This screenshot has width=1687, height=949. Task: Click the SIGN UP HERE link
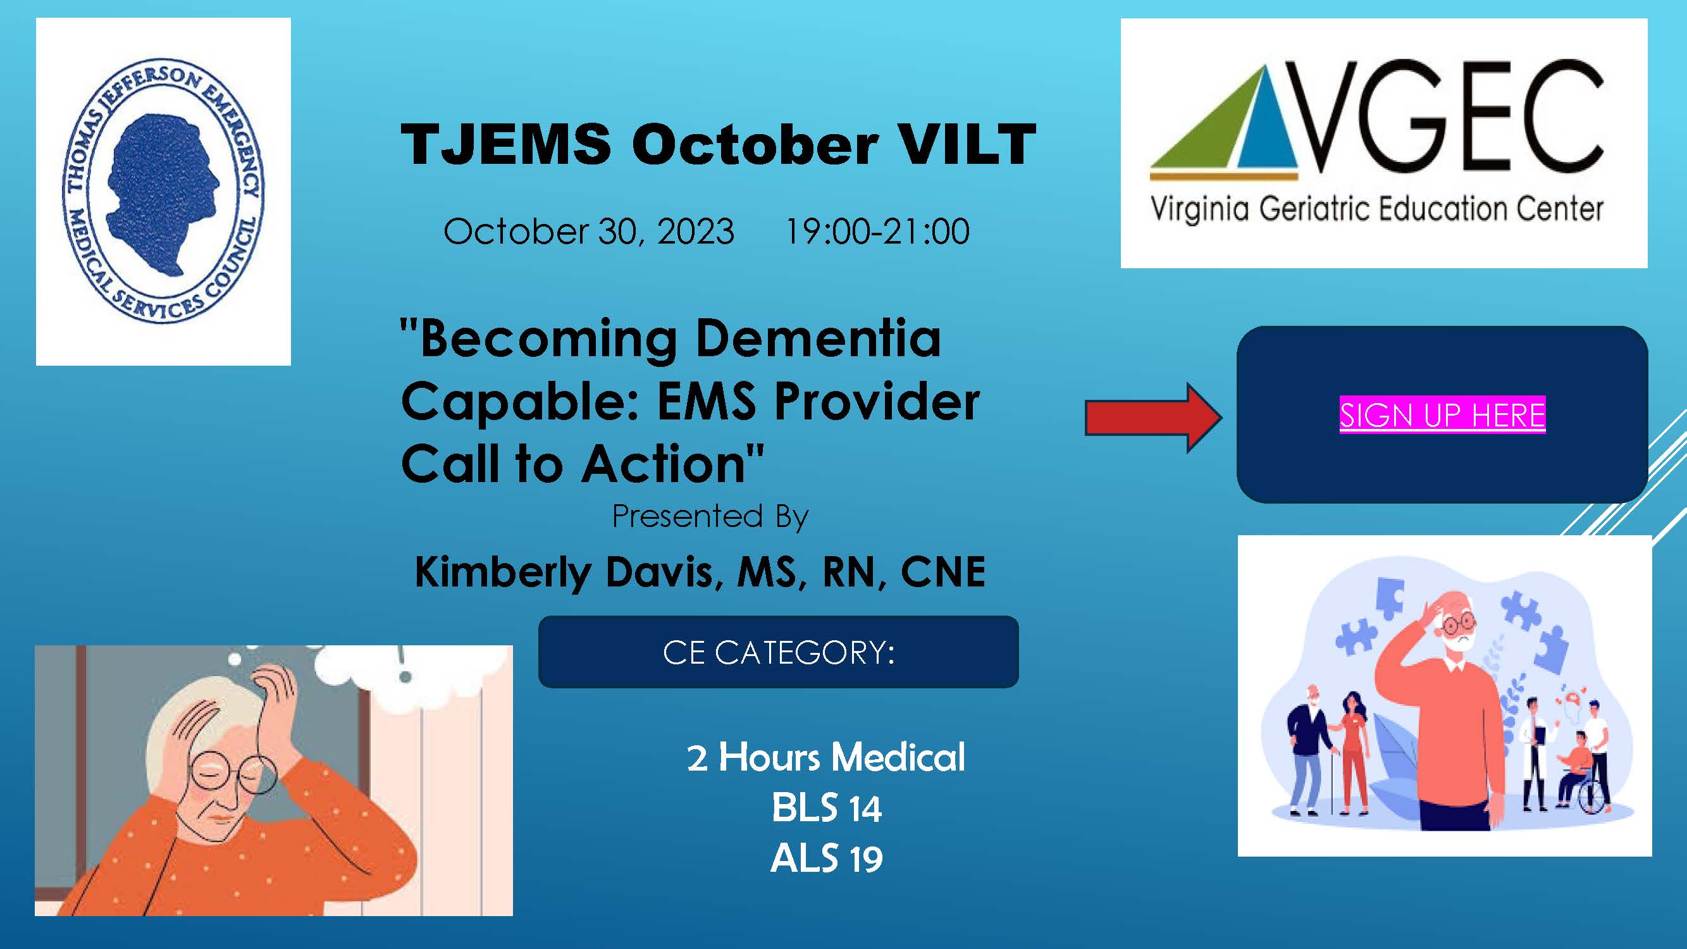coord(1442,414)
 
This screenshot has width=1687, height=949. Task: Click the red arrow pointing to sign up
coord(1153,418)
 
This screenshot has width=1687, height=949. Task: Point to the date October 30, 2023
coord(589,231)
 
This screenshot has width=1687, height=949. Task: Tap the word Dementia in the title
coord(818,338)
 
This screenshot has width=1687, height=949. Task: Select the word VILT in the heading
coord(967,145)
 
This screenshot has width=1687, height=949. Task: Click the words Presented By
coord(710,517)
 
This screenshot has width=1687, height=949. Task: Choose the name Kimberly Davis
coord(569,572)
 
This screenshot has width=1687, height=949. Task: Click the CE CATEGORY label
coord(779,652)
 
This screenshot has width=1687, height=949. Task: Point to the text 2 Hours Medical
coord(826,757)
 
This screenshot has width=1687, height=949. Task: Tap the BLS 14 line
coord(827,807)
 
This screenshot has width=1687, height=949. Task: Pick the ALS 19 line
coord(827,859)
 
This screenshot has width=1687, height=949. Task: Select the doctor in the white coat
coord(1533,753)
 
